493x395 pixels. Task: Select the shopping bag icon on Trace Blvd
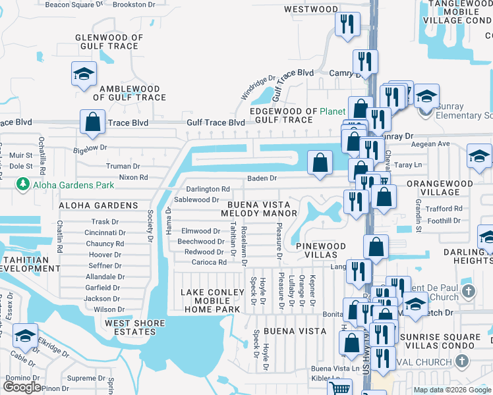(x=93, y=122)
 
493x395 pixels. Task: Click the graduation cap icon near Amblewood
(x=84, y=74)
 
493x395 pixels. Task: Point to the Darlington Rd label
(x=210, y=189)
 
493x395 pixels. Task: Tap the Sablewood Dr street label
(x=196, y=199)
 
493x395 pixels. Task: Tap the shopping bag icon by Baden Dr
(x=320, y=163)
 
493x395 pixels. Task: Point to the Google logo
(x=22, y=386)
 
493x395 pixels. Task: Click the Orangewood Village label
(x=449, y=188)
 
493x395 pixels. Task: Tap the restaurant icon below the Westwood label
(x=347, y=24)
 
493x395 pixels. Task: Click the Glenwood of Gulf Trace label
(x=109, y=42)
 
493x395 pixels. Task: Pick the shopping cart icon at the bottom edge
(x=339, y=389)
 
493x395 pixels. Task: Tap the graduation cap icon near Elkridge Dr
(x=25, y=336)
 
